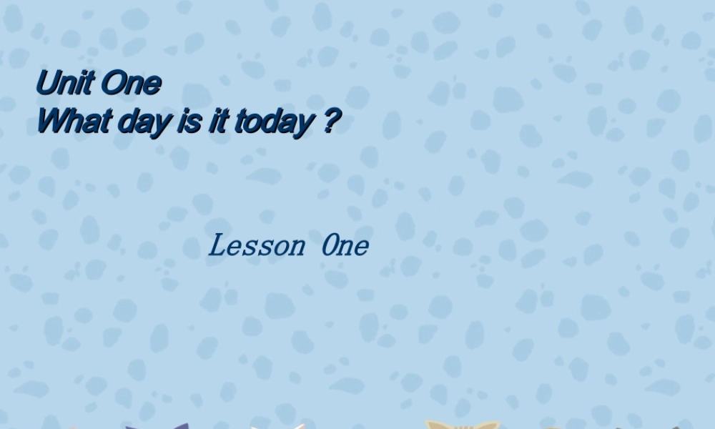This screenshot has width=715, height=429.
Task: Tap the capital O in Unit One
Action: (x=113, y=84)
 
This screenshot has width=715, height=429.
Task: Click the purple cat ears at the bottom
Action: (x=158, y=426)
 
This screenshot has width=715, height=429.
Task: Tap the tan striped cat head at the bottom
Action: (x=462, y=425)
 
